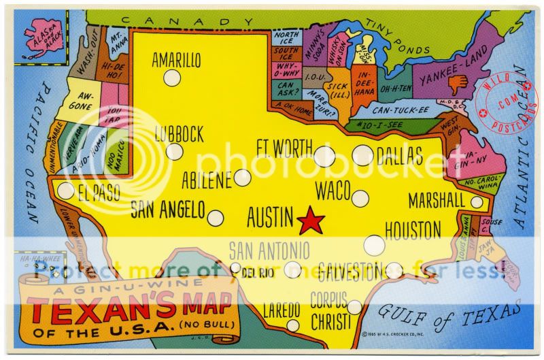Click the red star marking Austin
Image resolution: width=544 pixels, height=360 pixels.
pyautogui.click(x=311, y=220)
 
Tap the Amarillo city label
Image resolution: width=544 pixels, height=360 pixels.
pyautogui.click(x=176, y=60)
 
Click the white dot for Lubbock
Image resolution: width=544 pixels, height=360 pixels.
pyautogui.click(x=175, y=152)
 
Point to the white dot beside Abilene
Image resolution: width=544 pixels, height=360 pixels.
pyautogui.click(x=242, y=178)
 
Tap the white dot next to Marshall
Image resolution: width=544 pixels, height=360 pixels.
pyautogui.click(x=477, y=202)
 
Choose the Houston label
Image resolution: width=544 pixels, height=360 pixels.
pyautogui.click(x=413, y=231)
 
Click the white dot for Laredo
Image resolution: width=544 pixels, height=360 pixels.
pyautogui.click(x=292, y=325)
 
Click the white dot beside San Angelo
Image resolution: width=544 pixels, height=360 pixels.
pyautogui.click(x=215, y=218)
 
